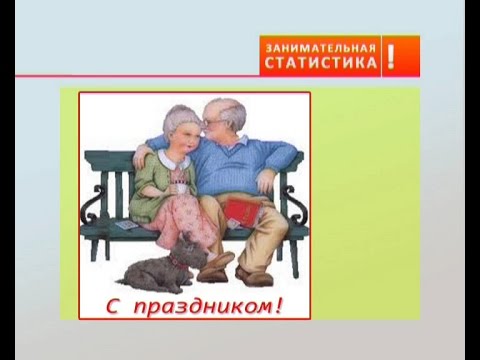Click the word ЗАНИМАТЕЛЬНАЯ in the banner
click(x=321, y=49)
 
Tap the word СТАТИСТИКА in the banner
click(x=321, y=62)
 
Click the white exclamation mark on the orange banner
click(x=391, y=56)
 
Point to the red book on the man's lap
click(x=242, y=212)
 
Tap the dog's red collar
click(x=178, y=263)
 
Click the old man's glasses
click(x=212, y=121)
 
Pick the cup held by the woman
click(x=181, y=188)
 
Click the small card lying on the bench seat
click(x=127, y=225)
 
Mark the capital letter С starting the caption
click(x=113, y=306)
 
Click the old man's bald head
click(x=224, y=107)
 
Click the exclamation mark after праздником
click(x=278, y=305)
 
